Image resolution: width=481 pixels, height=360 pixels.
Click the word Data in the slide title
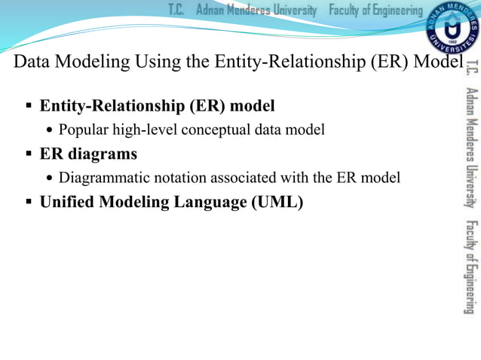[32, 62]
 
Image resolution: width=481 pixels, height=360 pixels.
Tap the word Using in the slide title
[155, 62]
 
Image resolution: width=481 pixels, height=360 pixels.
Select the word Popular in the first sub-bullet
[84, 130]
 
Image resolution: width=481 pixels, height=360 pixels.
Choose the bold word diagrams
[101, 154]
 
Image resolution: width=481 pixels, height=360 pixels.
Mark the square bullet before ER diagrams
[28, 154]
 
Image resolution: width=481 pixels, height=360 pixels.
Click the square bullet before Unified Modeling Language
[28, 203]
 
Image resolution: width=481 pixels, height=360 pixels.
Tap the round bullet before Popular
[50, 131]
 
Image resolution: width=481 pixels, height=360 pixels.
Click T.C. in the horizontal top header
[176, 10]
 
